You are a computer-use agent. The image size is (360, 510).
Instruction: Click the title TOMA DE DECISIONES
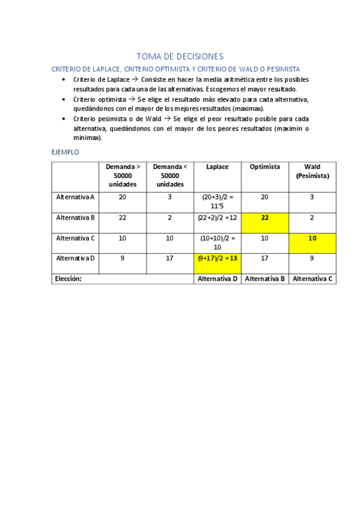(x=180, y=57)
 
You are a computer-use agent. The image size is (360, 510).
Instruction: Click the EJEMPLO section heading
(x=66, y=152)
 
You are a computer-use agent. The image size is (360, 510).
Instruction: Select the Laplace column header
(x=217, y=167)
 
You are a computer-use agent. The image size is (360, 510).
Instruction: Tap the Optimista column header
(x=264, y=167)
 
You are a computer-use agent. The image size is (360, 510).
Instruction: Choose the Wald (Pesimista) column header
(x=312, y=171)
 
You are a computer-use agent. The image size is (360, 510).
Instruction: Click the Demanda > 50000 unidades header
(x=123, y=175)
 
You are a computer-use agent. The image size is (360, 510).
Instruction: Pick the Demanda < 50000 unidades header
(x=169, y=175)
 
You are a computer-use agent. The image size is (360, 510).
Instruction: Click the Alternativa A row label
(x=75, y=197)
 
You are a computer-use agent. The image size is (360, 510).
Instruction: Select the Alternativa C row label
(x=75, y=238)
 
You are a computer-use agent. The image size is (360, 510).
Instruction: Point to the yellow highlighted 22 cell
(x=264, y=218)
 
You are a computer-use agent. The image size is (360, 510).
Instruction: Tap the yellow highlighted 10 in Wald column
(x=312, y=238)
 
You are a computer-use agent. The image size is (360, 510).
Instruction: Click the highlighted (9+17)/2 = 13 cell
(x=217, y=259)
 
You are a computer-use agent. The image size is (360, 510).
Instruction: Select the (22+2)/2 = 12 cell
(x=217, y=218)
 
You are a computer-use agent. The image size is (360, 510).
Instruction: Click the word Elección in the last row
(x=68, y=279)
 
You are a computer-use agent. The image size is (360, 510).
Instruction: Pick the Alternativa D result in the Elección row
(x=217, y=279)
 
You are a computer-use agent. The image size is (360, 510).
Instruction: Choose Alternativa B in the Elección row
(x=264, y=279)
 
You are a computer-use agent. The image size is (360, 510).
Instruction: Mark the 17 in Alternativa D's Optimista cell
(x=264, y=259)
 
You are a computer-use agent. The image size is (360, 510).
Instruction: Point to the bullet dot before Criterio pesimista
(x=65, y=118)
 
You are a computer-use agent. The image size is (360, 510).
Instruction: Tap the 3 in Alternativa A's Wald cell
(x=312, y=197)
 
